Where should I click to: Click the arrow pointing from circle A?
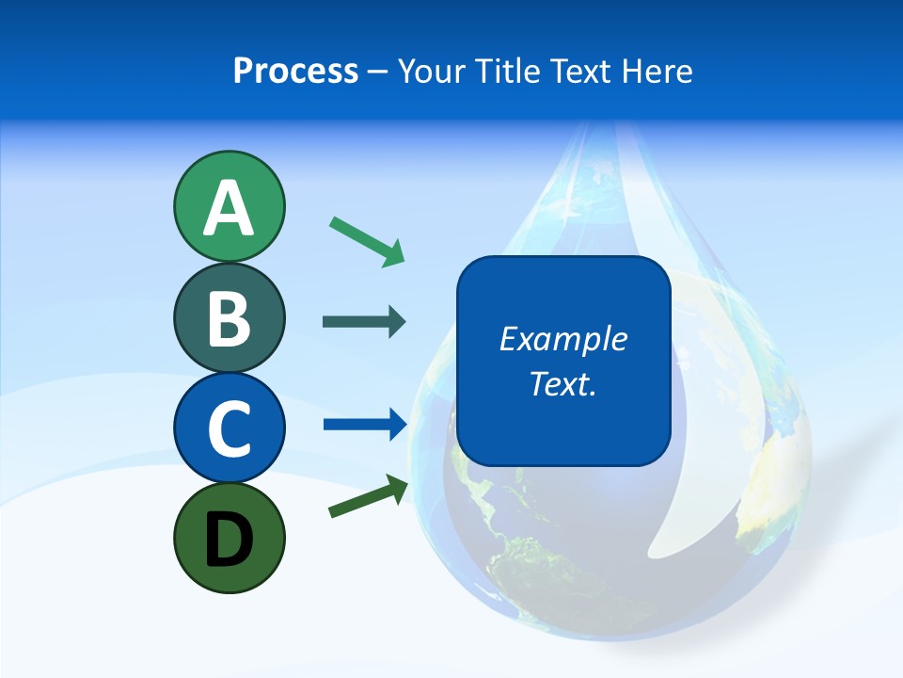tap(367, 241)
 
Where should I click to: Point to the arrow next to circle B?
tap(364, 322)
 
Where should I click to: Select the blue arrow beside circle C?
tap(364, 424)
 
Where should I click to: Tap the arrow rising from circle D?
tap(368, 496)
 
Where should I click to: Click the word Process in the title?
tap(295, 72)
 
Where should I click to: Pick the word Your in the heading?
tap(432, 72)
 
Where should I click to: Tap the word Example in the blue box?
tap(562, 339)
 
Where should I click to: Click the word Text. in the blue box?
tap(562, 383)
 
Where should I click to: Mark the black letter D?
tap(229, 540)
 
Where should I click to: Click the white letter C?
tap(229, 428)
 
